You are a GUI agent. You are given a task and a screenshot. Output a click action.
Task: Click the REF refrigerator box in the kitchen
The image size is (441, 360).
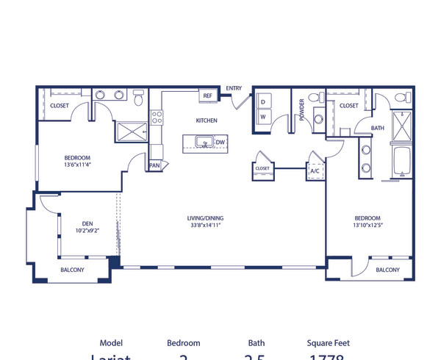207,96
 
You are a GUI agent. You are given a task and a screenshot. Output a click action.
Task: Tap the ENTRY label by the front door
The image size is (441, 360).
234,88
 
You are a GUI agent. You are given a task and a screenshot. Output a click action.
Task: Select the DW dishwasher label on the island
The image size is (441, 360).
220,142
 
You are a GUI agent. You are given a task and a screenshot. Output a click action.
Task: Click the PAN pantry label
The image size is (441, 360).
154,165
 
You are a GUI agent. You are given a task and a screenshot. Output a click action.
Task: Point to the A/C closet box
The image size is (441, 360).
315,170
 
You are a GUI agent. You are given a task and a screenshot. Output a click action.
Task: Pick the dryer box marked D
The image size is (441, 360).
262,101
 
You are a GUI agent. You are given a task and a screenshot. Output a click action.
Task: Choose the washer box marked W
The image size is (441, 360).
262,116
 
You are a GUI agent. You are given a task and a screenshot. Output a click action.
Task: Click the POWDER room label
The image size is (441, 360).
301,109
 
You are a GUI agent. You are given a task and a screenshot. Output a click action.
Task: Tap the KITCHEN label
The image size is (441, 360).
206,120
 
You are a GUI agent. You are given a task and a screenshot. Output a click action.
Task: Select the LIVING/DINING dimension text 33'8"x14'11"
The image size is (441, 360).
205,226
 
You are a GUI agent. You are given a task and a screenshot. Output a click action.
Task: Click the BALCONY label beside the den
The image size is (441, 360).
72,270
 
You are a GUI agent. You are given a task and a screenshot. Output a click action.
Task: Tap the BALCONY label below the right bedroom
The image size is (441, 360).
387,270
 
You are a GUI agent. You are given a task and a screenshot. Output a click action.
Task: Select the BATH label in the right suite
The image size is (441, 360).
377,128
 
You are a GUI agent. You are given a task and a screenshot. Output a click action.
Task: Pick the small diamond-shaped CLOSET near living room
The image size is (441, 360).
262,168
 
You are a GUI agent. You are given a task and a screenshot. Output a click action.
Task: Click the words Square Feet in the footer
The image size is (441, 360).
329,342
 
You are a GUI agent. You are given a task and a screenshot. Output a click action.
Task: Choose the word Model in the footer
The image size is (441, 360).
111,342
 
